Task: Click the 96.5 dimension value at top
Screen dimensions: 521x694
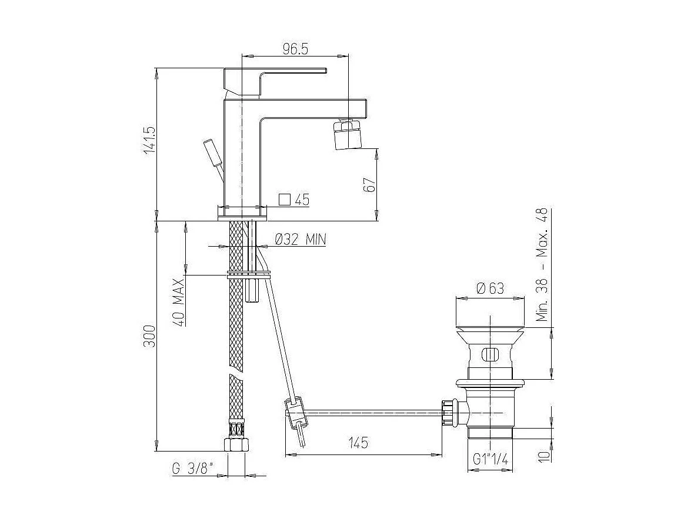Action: point(295,49)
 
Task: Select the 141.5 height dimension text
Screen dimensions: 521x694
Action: point(150,140)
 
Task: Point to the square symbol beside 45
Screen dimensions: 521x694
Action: point(284,199)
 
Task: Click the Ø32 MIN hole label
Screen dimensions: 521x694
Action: point(301,239)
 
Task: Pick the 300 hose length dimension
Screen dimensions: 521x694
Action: point(150,336)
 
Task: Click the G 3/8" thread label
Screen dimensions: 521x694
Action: point(193,469)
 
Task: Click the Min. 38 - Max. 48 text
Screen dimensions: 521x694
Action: point(542,264)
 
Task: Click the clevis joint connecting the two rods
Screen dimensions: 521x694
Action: point(294,410)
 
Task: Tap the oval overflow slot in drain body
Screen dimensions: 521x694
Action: point(490,354)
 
